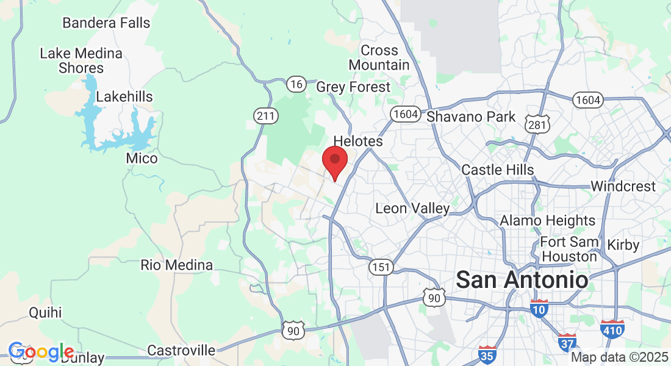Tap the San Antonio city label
[522, 280]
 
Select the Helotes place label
[358, 142]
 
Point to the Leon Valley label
[412, 209]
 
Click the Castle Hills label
[498, 170]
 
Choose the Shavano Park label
[471, 117]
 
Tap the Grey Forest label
[353, 87]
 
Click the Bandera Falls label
[106, 23]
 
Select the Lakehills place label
[124, 97]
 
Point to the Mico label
[142, 159]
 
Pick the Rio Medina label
[177, 265]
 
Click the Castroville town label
[181, 351]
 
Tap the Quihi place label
[46, 313]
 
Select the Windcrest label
[623, 186]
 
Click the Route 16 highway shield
[296, 84]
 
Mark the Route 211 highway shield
[267, 115]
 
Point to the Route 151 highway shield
[381, 267]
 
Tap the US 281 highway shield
[537, 124]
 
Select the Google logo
[41, 352]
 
